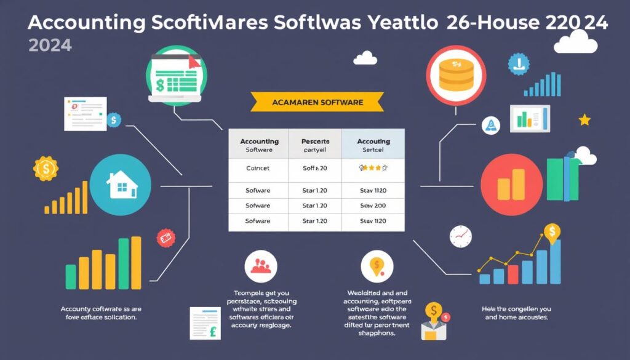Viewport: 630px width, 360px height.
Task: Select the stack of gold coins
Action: coord(456,75)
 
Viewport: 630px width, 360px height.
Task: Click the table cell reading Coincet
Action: coord(258,167)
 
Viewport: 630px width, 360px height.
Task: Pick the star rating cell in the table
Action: coord(373,167)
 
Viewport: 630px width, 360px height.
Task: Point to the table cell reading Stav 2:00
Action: coord(373,206)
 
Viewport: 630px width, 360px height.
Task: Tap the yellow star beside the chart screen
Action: coord(584,119)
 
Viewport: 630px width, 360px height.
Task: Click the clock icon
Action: coord(460,235)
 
